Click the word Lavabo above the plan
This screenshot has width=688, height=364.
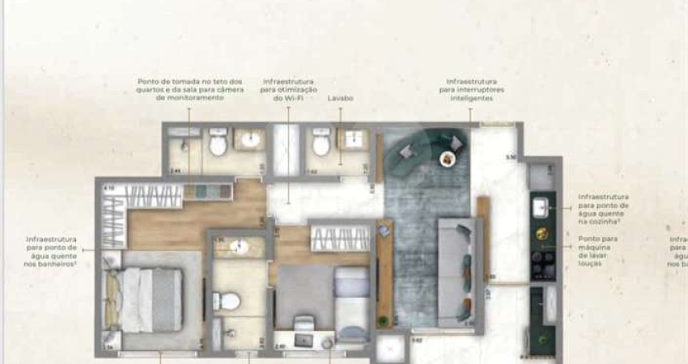coord(341,98)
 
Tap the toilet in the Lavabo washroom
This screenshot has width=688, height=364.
coord(321,145)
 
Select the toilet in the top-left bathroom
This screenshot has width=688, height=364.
coord(218,144)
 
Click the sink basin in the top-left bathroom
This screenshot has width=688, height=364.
coord(251,139)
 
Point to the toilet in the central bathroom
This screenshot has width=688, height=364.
coord(229,302)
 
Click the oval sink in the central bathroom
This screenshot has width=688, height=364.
coord(240,247)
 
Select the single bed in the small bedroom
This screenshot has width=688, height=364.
coord(351,303)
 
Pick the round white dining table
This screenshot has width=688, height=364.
coord(448,159)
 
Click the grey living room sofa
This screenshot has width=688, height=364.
coord(457,271)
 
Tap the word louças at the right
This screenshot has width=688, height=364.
coord(590,264)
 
